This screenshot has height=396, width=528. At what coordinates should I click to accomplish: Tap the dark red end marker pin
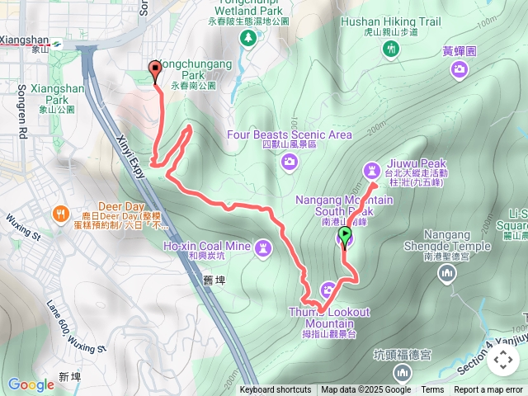pyautogui.click(x=155, y=70)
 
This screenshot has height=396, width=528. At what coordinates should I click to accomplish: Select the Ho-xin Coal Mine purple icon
pyautogui.click(x=263, y=246)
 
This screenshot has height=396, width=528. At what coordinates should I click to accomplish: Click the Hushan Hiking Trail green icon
pyautogui.click(x=391, y=49)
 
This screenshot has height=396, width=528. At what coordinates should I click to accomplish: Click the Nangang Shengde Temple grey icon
pyautogui.click(x=446, y=274)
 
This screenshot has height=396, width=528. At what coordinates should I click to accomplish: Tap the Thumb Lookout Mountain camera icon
pyautogui.click(x=328, y=290)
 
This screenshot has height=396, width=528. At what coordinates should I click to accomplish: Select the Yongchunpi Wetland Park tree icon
pyautogui.click(x=247, y=38)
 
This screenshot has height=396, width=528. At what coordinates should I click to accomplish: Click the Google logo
pyautogui.click(x=31, y=384)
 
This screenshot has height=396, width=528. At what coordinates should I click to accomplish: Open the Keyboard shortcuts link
pyautogui.click(x=276, y=390)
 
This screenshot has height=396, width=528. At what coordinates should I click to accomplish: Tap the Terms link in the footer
pyautogui.click(x=432, y=390)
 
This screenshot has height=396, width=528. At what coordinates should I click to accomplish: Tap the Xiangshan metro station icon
pyautogui.click(x=56, y=39)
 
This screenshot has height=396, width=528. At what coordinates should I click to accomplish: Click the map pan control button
pyautogui.click(x=502, y=361)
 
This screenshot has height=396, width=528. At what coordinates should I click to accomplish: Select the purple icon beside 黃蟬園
pyautogui.click(x=460, y=72)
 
